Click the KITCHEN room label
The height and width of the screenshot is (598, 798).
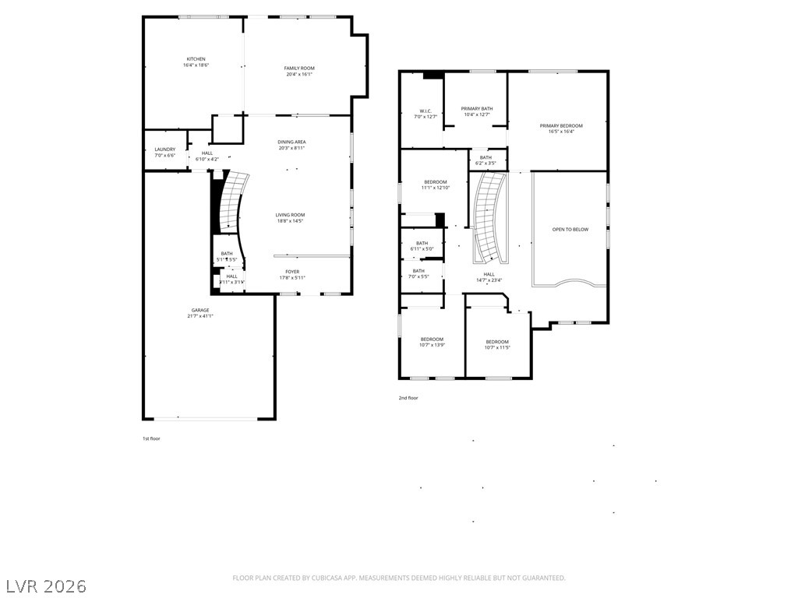point(196,59)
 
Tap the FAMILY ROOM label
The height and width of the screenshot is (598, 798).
point(299,69)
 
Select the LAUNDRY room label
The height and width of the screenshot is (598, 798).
point(164,149)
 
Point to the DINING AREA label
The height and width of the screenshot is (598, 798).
point(291,142)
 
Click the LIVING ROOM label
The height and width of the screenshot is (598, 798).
point(289,215)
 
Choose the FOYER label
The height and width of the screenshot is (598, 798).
point(292,272)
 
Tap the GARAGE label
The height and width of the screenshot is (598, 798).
point(200,310)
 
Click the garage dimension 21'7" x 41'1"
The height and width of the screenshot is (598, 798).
point(200,316)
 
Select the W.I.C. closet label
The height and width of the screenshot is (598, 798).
point(425,111)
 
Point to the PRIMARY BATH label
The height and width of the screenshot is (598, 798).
point(476,109)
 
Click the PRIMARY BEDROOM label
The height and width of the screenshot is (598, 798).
point(561,125)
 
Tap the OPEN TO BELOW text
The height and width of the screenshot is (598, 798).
point(570,230)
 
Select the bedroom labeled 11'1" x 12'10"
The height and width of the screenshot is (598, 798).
point(435,185)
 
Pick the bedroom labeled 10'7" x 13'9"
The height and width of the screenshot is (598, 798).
point(432,342)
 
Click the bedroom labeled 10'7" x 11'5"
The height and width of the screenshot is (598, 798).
point(496,345)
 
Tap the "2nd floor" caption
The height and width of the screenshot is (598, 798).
point(408,398)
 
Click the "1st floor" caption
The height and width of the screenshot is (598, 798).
point(151,438)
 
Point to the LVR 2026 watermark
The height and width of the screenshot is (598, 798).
point(47,586)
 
